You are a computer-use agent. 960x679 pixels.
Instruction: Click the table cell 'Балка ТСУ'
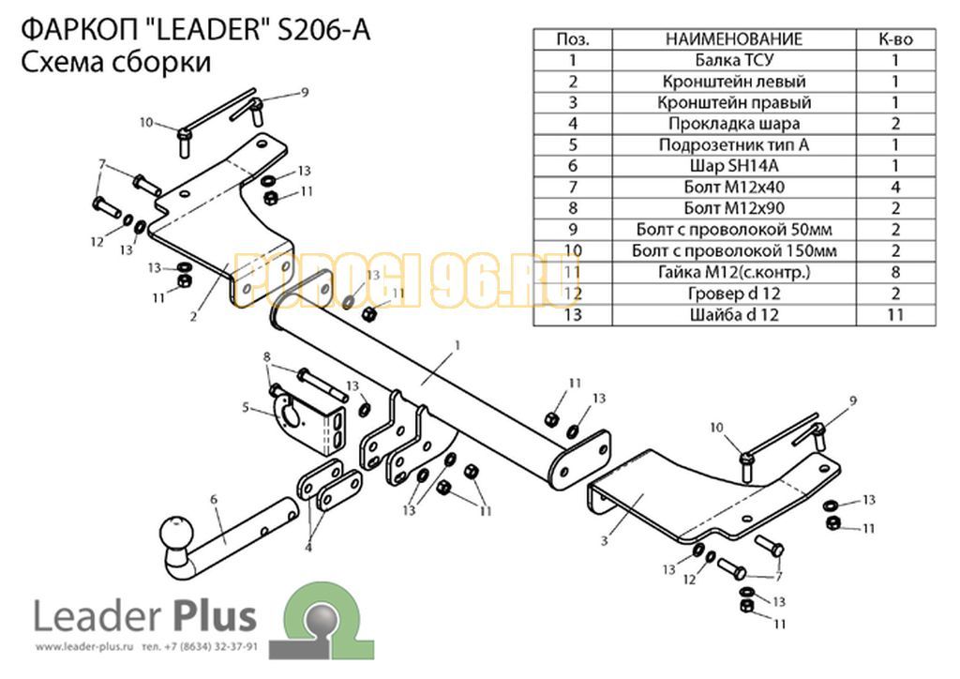(733, 60)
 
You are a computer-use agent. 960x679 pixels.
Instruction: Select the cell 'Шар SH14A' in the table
(733, 166)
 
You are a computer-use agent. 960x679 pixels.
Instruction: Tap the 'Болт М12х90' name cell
(733, 208)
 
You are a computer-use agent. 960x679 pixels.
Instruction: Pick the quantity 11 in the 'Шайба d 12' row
(895, 315)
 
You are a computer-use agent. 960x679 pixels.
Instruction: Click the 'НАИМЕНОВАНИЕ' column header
(733, 39)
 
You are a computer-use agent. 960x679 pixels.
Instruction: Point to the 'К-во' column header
(895, 39)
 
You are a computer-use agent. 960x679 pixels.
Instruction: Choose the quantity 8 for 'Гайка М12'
(895, 272)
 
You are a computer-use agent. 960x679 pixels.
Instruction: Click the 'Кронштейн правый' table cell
(733, 102)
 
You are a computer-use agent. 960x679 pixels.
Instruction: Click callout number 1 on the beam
(457, 346)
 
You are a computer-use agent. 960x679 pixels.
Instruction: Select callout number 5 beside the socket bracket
(246, 407)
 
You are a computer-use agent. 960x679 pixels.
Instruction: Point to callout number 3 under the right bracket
(605, 540)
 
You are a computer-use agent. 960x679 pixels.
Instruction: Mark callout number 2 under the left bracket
(193, 317)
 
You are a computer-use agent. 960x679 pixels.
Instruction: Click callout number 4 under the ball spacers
(307, 547)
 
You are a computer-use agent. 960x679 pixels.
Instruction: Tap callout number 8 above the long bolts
(266, 357)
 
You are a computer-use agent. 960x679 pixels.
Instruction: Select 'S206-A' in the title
(324, 29)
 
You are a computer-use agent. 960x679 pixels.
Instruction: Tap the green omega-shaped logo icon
(322, 620)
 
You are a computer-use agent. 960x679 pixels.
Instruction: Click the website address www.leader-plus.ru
(83, 647)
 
